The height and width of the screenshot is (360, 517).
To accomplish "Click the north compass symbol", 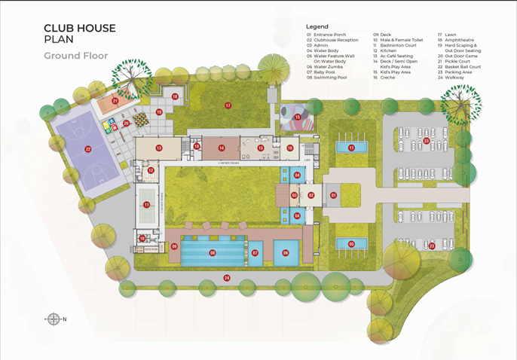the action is click(x=54, y=319).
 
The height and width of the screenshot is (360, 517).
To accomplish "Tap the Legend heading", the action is click(x=317, y=26).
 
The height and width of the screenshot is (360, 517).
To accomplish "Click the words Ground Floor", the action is click(x=75, y=56).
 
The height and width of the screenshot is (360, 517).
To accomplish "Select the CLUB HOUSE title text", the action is click(x=80, y=29).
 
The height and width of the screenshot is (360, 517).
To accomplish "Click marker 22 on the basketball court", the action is click(x=88, y=149).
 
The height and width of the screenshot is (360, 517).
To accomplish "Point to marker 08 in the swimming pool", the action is click(x=213, y=253).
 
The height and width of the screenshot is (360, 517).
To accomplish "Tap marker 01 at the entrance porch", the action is click(x=333, y=195).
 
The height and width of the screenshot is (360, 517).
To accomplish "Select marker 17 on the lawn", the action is click(x=228, y=105).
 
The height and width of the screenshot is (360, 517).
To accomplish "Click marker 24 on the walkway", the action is click(x=226, y=279).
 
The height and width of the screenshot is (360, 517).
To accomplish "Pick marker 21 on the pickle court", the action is click(x=115, y=100).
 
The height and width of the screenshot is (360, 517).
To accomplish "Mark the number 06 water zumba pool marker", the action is click(x=286, y=253).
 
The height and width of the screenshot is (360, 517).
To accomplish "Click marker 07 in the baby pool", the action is click(x=255, y=253).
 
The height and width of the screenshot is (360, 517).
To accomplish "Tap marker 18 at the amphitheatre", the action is click(x=175, y=96).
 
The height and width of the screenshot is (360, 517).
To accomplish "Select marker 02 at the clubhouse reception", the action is click(x=311, y=195).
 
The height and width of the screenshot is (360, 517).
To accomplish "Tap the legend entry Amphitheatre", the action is click(x=460, y=40).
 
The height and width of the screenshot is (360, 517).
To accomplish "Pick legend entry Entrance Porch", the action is click(x=330, y=35).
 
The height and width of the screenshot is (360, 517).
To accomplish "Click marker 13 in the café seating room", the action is click(x=159, y=148).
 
